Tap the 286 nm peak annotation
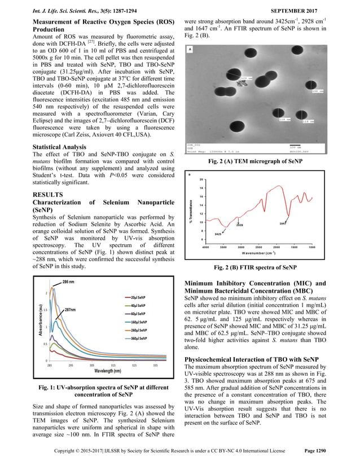click(69, 282)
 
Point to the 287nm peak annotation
click(69, 310)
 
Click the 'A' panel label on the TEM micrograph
click(191, 49)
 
